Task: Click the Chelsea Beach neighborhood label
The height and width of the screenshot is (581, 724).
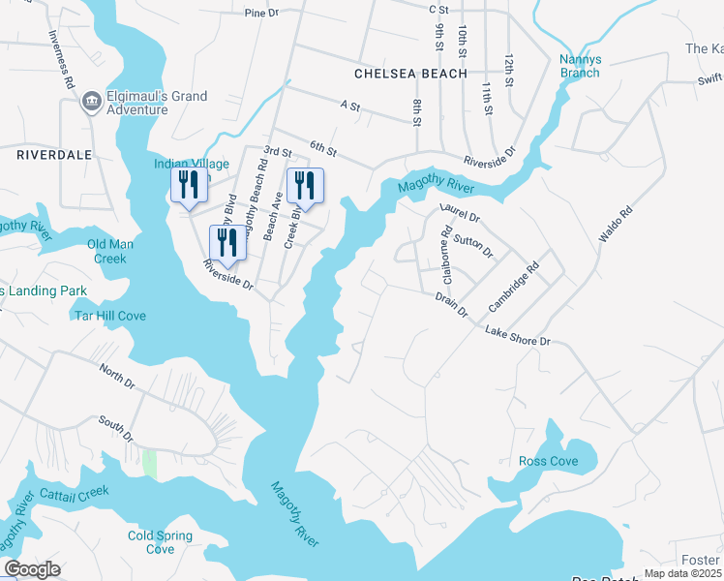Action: [x=410, y=74]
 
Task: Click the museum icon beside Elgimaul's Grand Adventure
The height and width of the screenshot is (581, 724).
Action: [x=92, y=100]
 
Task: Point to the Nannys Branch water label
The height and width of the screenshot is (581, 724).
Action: [x=580, y=66]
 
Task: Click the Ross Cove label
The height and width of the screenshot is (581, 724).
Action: [x=548, y=462]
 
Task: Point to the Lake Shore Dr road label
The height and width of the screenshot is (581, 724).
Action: [x=517, y=336]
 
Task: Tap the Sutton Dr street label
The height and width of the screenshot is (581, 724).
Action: [x=473, y=246]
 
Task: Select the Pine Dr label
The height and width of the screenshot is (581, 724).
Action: [x=261, y=14]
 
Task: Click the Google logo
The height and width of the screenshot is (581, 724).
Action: [x=32, y=569]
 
